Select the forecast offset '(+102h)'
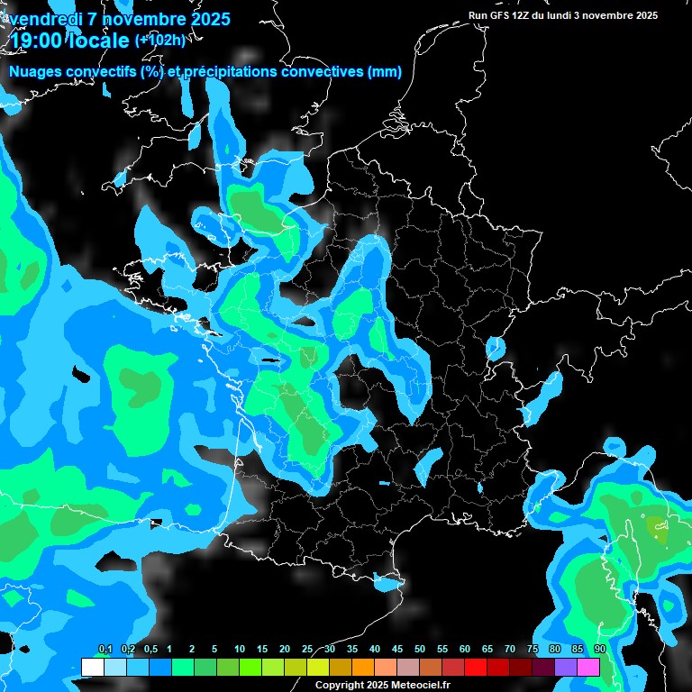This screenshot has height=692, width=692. click(159, 40)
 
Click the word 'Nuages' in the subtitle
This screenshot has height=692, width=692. click(35, 72)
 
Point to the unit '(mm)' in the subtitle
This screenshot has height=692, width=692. click(385, 72)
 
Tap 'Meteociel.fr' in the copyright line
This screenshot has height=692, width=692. click(419, 685)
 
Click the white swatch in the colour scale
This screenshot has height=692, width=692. click(92, 667)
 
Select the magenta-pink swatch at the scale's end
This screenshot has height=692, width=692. click(588, 667)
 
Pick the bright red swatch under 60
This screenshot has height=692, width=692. click(476, 667)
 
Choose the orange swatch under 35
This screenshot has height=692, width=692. click(363, 667)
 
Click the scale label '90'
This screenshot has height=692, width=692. click(599, 649)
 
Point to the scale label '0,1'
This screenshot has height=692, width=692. click(105, 649)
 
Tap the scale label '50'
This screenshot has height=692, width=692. click(420, 649)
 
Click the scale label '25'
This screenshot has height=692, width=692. click(307, 649)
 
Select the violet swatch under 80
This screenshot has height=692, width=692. click(566, 667)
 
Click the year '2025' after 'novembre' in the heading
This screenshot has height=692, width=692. click(208, 19)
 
